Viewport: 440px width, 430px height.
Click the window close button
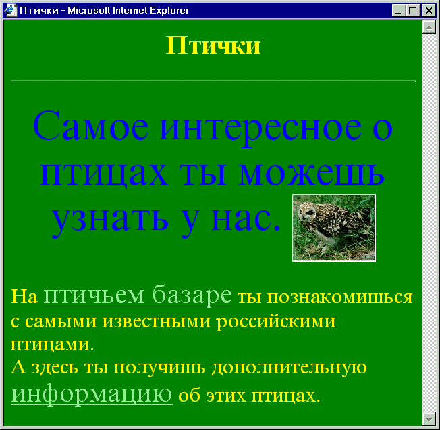429,11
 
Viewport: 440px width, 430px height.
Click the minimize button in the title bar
398,11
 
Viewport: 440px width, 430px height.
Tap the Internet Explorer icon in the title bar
11,10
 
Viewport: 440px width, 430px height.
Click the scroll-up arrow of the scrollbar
429,27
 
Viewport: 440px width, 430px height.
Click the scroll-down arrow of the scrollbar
429,419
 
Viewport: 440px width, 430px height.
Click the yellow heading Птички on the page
213,45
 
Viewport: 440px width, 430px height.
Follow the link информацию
92,393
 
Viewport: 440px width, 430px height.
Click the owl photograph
334,228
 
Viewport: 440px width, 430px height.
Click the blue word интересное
260,130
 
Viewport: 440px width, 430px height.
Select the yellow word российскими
276,322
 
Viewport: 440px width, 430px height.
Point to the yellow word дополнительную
289,368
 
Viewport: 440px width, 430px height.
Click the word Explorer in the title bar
169,11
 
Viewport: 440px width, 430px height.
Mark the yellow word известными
157,321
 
